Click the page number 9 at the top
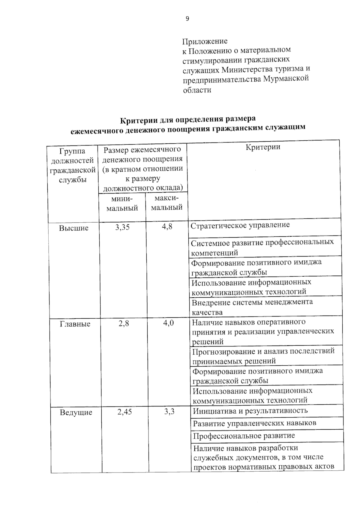click(x=187, y=19)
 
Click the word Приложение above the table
click(x=205, y=41)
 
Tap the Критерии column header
click(x=263, y=147)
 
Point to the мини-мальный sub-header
click(x=122, y=204)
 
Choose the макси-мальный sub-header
click(x=167, y=203)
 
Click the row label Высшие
click(x=74, y=228)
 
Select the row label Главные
click(x=75, y=324)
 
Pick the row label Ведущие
click(x=76, y=412)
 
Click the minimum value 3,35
click(x=122, y=227)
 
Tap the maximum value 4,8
click(x=167, y=227)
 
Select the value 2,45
click(x=124, y=412)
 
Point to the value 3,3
click(x=169, y=412)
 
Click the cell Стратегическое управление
click(x=240, y=225)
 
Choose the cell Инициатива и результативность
click(x=250, y=411)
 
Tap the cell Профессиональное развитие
click(x=244, y=436)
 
